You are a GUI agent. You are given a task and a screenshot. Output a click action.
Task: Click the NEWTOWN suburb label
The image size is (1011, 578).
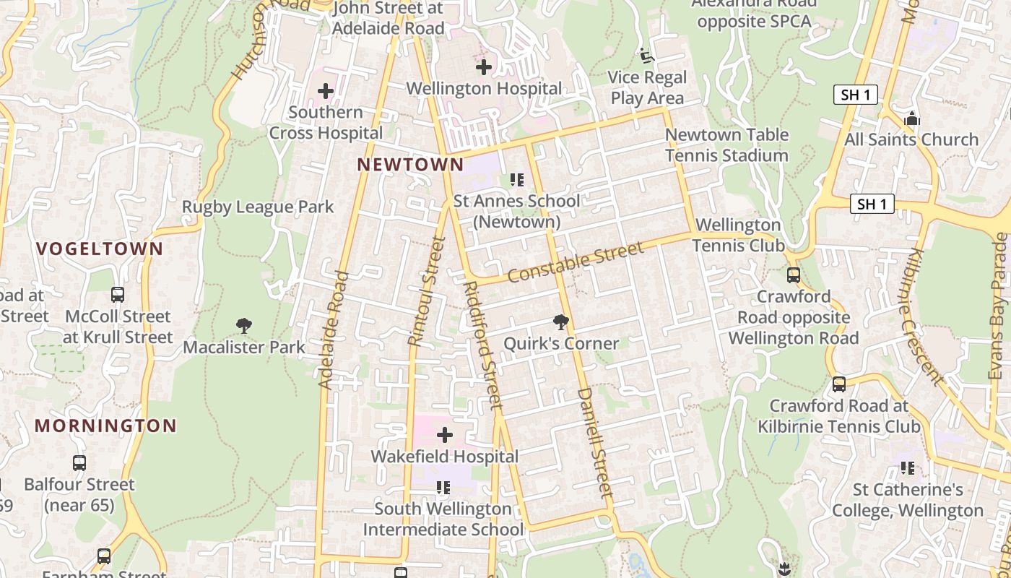[x=410, y=165]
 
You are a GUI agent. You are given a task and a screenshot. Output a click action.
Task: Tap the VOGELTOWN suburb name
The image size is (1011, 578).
[x=100, y=249]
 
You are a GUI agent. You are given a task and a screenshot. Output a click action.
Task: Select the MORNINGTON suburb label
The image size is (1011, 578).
[x=105, y=426]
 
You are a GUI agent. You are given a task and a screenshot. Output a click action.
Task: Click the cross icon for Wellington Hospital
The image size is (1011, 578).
[x=483, y=68]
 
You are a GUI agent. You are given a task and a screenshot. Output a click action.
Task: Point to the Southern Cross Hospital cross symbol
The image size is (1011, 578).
[x=326, y=91]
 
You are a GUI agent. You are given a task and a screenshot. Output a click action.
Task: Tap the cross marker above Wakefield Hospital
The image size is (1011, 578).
[x=445, y=435]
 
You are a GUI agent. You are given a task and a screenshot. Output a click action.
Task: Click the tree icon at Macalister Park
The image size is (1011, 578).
[x=244, y=326]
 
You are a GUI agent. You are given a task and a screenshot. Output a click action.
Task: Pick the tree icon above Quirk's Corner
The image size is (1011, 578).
[x=560, y=322]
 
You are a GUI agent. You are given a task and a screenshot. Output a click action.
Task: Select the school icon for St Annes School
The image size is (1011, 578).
[x=516, y=179]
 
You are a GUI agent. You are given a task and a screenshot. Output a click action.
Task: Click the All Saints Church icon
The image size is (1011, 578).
[x=911, y=118]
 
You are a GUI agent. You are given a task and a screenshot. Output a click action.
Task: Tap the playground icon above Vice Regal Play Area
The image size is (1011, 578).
[x=646, y=56]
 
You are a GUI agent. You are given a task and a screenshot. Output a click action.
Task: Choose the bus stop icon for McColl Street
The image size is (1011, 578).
[x=118, y=295]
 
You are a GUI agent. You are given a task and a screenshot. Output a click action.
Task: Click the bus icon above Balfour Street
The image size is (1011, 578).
[x=79, y=463]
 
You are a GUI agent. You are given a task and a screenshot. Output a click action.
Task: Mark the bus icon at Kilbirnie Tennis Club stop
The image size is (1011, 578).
[x=838, y=384]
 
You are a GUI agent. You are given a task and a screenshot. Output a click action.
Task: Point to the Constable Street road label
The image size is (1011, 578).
[x=575, y=263]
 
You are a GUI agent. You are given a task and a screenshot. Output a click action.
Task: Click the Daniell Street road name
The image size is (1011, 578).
[x=595, y=443]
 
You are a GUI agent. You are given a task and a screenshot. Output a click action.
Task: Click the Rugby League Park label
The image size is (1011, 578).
[x=258, y=207]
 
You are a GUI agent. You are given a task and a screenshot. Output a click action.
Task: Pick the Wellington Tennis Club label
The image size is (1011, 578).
[x=738, y=236]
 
